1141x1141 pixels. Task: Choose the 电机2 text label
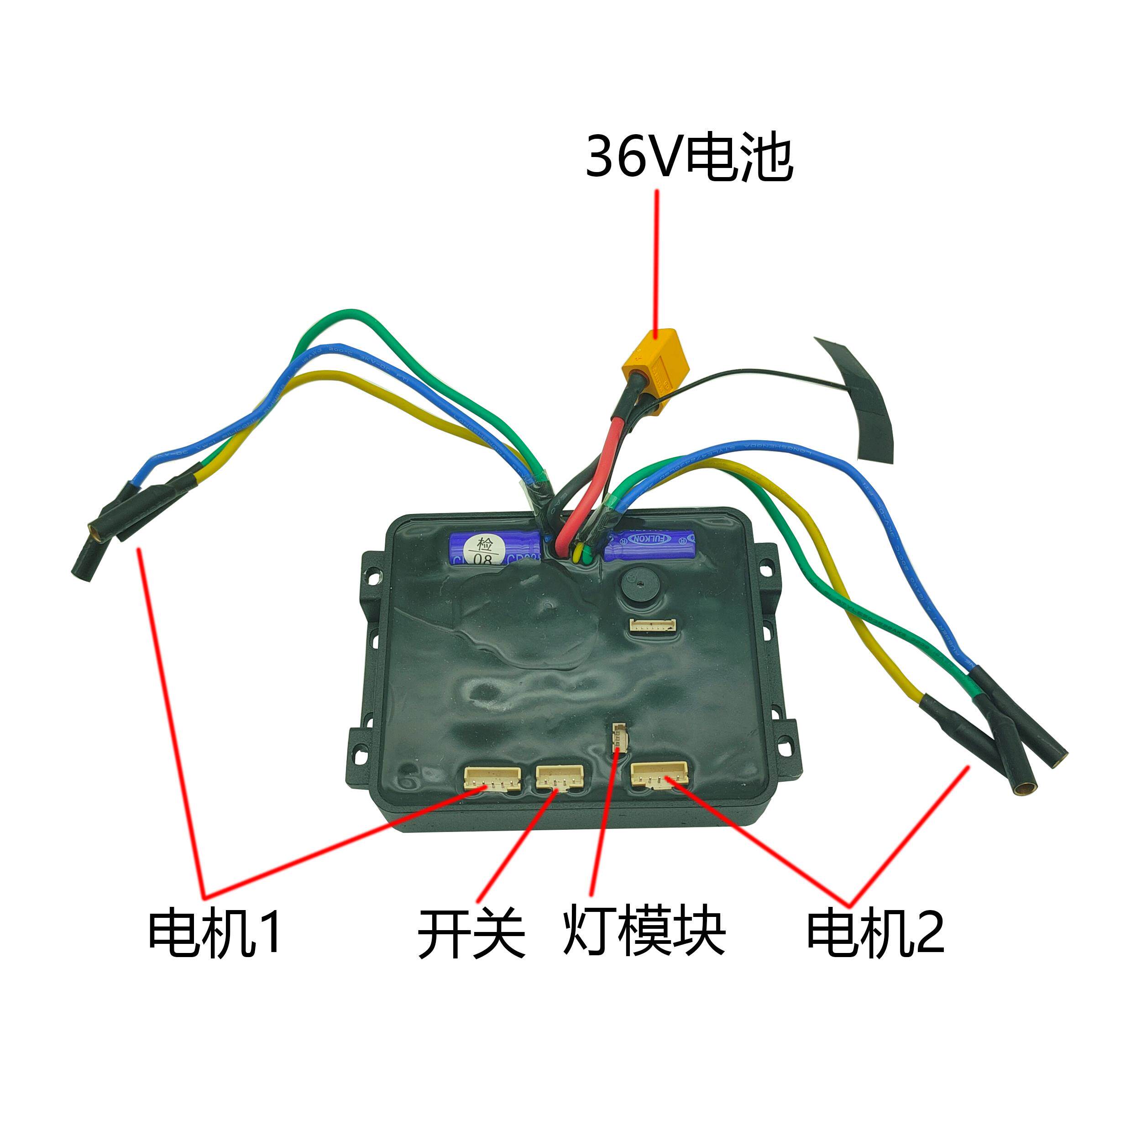tap(876, 932)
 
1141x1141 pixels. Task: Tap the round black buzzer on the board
tap(639, 585)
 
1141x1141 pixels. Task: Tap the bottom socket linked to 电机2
tap(659, 774)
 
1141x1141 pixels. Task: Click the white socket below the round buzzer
tap(653, 625)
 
